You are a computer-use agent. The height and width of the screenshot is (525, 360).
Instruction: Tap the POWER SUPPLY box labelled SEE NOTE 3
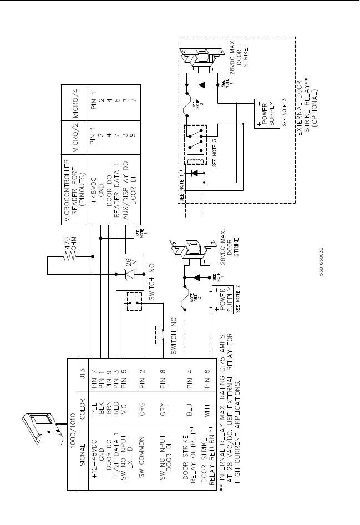(x=263, y=115)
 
